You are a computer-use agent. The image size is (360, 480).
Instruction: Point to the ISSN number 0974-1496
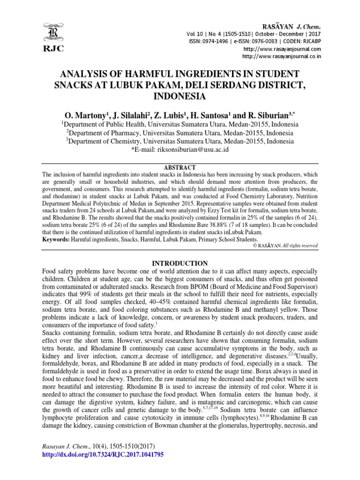click(x=219, y=41)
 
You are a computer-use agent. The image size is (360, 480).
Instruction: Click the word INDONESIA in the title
click(x=180, y=97)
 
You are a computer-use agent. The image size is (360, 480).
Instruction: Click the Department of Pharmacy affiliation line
click(x=180, y=133)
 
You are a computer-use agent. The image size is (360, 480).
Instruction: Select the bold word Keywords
click(x=55, y=239)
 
